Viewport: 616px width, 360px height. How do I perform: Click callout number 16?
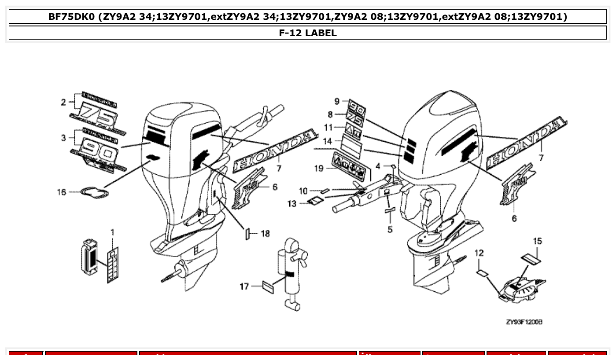coord(61,192)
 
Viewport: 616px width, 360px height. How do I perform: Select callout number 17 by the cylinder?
coord(244,287)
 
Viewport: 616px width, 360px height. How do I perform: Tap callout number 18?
coord(265,234)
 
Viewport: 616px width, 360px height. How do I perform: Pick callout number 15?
coord(537,241)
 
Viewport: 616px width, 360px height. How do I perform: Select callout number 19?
coord(319,169)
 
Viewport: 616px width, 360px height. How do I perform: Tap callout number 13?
coord(292,203)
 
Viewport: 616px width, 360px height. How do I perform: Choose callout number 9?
coord(337,101)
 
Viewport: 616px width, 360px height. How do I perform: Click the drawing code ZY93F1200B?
coord(524,322)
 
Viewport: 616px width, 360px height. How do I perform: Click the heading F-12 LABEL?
coord(308,33)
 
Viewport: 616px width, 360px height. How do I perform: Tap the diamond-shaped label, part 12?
coord(482,273)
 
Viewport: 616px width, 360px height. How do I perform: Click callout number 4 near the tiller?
coord(378,166)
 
